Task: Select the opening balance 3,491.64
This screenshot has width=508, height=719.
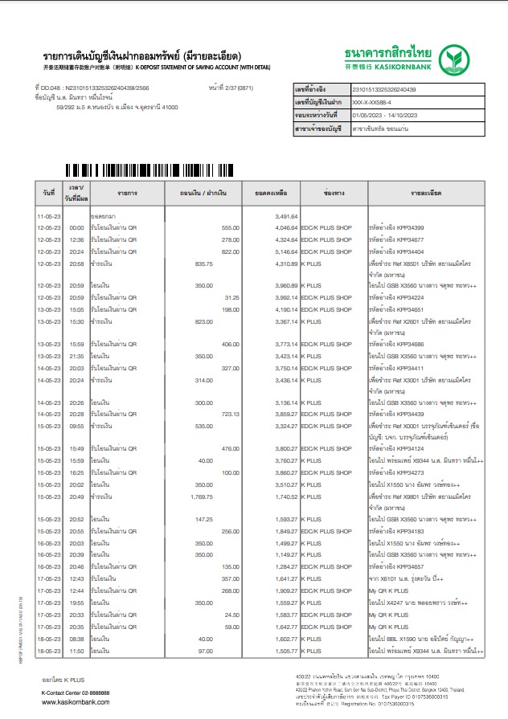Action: [287, 217]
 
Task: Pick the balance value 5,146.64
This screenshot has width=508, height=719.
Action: [287, 251]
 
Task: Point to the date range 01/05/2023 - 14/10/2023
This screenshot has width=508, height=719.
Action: [407, 116]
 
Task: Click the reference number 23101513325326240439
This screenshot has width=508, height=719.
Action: [395, 89]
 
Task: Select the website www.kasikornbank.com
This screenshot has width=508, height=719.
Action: [76, 701]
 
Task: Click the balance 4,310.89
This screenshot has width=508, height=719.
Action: [287, 263]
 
